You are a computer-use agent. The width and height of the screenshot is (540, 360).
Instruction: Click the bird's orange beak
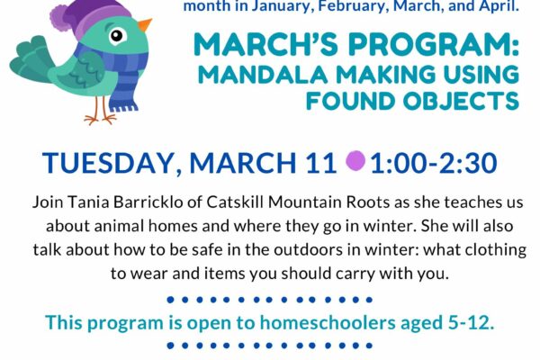pyautogui.click(x=144, y=25)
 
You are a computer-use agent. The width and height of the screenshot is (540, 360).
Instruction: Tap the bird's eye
pyautogui.click(x=116, y=36)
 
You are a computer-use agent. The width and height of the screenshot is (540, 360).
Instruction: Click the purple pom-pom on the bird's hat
pyautogui.click(x=61, y=17)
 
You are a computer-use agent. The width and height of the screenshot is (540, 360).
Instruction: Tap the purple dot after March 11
pyautogui.click(x=355, y=161)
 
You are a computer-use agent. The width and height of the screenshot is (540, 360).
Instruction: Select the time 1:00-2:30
pyautogui.click(x=434, y=163)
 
